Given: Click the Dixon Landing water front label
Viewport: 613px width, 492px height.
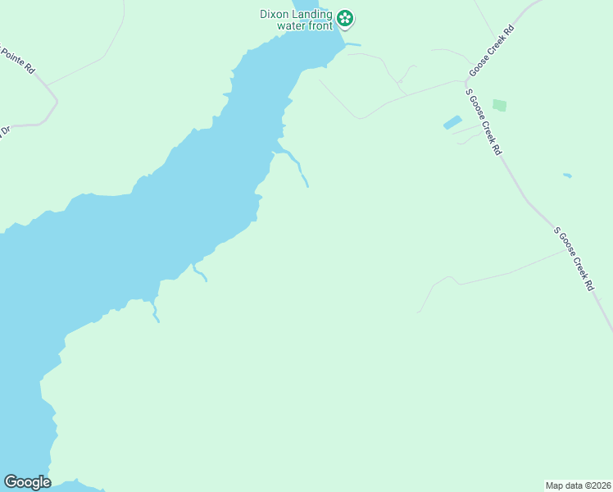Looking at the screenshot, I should tap(296, 20).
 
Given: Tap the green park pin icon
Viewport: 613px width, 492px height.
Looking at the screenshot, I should tap(345, 17).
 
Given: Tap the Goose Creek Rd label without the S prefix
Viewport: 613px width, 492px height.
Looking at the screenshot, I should tap(491, 52).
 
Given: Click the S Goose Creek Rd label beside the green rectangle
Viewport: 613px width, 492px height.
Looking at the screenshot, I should tap(483, 121).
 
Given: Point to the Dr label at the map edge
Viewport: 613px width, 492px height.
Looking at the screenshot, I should tap(4, 131).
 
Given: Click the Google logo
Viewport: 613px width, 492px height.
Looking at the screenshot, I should tap(27, 482).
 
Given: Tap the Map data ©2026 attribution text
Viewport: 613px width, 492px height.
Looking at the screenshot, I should tap(578, 485).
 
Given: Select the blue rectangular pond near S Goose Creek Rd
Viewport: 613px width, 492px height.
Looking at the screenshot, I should tap(452, 122).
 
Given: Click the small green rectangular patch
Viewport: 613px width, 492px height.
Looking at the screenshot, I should tap(499, 105).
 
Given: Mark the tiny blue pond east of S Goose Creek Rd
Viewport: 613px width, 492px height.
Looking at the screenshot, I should tap(567, 175).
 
